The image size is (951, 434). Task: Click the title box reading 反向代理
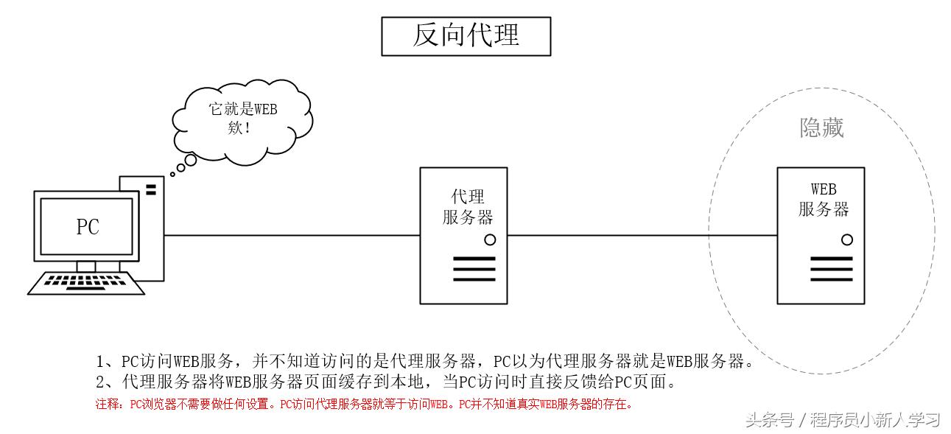pos(466,36)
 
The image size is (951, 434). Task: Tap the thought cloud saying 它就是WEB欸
pos(242,117)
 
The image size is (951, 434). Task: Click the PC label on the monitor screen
pos(88,227)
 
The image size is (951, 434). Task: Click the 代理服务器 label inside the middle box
pos(467,207)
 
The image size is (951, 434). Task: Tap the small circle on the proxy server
pos(490,239)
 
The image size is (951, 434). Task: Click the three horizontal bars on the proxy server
pos(474,269)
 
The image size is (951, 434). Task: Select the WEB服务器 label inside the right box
pos(824,200)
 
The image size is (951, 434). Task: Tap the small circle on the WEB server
pos(847,239)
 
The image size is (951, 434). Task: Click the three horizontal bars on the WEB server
pos(831,269)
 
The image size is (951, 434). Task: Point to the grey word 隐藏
pos(821,128)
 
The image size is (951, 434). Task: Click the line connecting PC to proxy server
pos(291,236)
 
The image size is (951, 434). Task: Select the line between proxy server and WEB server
pos(641,236)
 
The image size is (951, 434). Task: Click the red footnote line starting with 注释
pos(364,404)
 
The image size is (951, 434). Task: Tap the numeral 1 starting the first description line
pos(102,362)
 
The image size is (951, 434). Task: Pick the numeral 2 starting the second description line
pos(102,382)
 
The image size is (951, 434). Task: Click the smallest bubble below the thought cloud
pos(172,174)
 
